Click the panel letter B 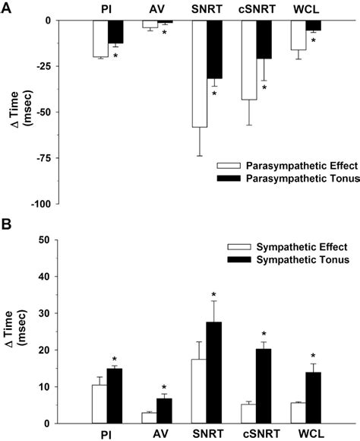coord(6,227)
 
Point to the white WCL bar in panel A coord(299,35)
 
